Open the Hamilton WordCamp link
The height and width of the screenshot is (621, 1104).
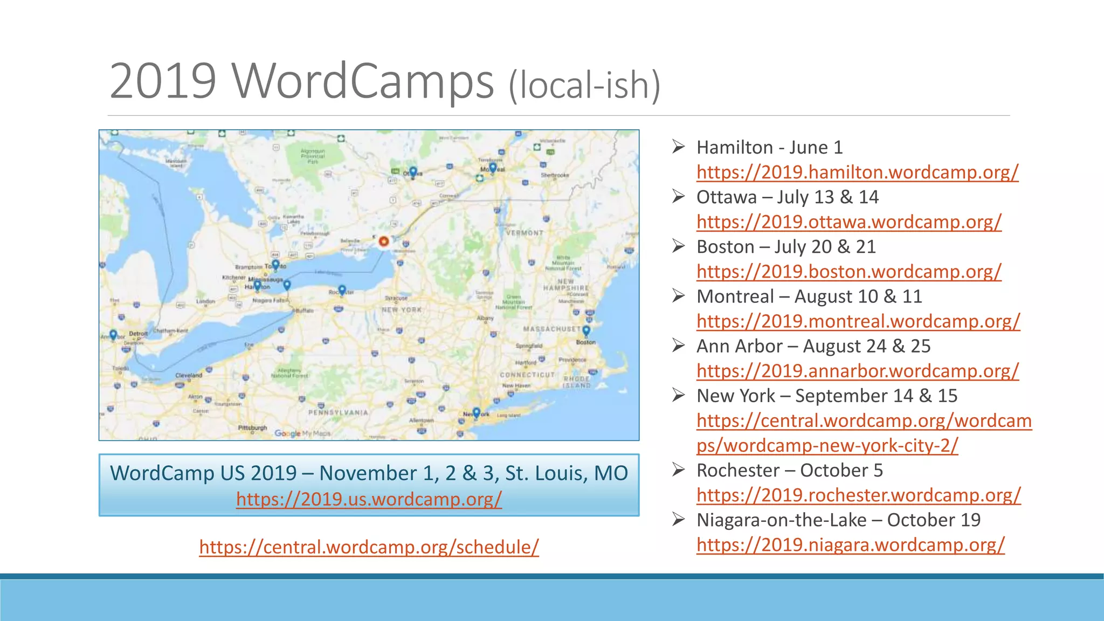857,172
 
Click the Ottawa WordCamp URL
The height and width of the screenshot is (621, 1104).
848,222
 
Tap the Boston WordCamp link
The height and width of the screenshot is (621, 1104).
848,271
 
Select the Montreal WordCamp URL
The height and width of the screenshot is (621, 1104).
858,321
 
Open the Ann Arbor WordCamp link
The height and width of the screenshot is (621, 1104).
857,371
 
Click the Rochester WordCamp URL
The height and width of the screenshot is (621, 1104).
858,495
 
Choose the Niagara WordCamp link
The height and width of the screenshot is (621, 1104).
850,544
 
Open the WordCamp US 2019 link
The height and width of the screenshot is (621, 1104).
369,499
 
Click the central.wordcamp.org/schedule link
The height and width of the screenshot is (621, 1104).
369,547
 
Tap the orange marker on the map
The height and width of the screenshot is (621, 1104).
384,241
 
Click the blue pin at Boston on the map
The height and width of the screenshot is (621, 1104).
586,330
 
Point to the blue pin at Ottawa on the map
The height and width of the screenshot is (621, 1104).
413,172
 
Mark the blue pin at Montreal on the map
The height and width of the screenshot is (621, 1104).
493,167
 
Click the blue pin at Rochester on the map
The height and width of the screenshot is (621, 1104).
342,291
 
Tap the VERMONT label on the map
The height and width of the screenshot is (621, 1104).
525,233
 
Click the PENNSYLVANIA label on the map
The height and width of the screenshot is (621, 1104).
338,412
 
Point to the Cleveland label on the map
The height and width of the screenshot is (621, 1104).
189,375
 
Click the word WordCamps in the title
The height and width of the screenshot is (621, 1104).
363,81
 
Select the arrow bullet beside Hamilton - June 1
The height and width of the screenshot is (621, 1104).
678,147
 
